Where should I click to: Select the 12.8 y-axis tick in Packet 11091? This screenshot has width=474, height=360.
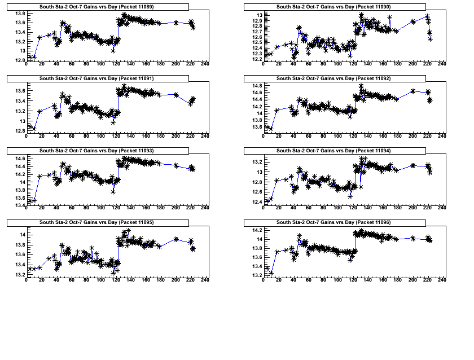(x=19, y=131)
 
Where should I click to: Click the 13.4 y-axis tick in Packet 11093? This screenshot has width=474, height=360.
(x=19, y=205)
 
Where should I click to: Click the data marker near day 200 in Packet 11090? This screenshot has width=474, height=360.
(x=413, y=21)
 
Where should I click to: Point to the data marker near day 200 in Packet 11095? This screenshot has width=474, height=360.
(x=176, y=239)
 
